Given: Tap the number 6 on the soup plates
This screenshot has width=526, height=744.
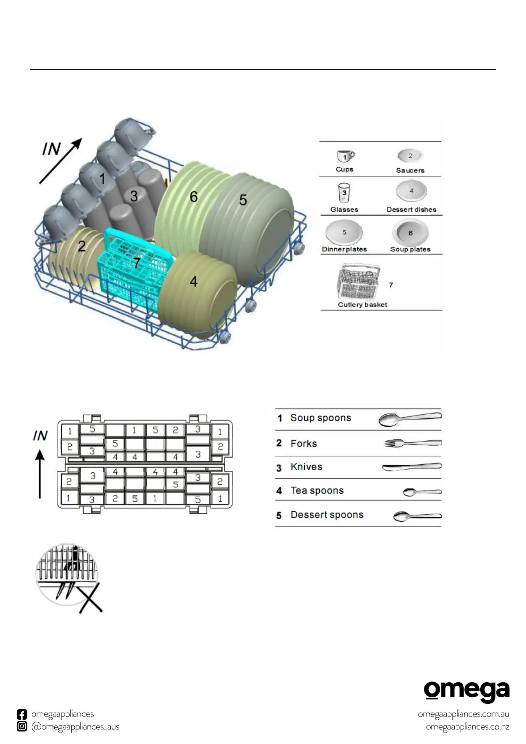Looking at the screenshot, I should pyautogui.click(x=193, y=197).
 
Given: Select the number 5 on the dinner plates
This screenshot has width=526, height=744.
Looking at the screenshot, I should pyautogui.click(x=243, y=200).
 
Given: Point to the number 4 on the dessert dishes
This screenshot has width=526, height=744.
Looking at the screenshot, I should pyautogui.click(x=193, y=281).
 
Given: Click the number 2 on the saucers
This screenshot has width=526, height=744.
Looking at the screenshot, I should pyautogui.click(x=82, y=246).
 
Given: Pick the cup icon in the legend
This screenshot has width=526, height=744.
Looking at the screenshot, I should pyautogui.click(x=345, y=156).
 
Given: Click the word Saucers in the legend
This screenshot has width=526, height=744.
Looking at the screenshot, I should pyautogui.click(x=410, y=170).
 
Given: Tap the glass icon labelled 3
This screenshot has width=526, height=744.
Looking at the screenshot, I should pyautogui.click(x=344, y=194).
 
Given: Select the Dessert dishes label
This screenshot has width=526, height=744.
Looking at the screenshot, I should pyautogui.click(x=411, y=209).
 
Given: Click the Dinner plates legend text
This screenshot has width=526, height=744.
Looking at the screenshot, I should pyautogui.click(x=344, y=249).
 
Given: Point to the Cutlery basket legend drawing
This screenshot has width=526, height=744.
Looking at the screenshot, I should pyautogui.click(x=359, y=283).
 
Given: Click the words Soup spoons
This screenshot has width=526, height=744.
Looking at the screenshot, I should pyautogui.click(x=321, y=418).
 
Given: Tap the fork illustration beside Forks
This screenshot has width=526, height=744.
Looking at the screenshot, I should pyautogui.click(x=412, y=443).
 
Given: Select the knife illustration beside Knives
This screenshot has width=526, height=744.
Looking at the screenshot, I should pyautogui.click(x=411, y=467).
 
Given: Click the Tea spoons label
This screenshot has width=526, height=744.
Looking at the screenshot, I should pyautogui.click(x=317, y=491).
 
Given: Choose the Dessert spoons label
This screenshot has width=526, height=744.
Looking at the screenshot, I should pyautogui.click(x=327, y=515).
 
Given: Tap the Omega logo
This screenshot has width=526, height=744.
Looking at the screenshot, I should pyautogui.click(x=466, y=692).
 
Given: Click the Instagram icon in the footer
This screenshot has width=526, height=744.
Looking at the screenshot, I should pyautogui.click(x=22, y=726).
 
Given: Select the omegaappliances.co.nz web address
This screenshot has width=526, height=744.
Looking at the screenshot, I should pyautogui.click(x=467, y=727).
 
